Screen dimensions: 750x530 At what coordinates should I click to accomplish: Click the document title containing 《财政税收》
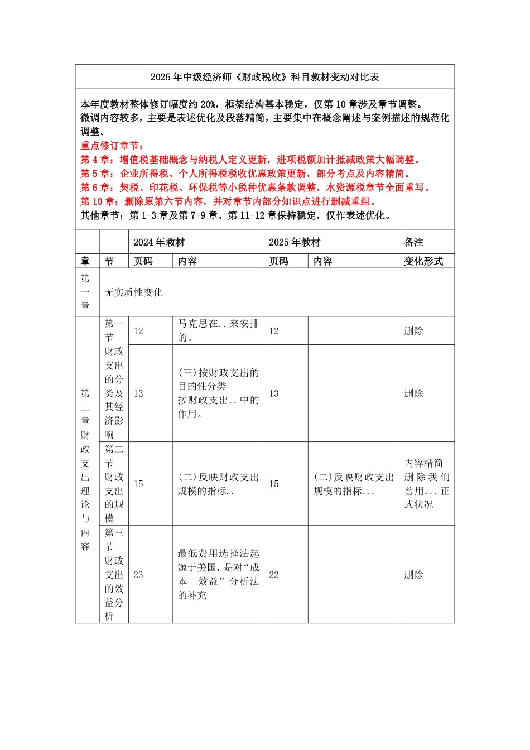click(264, 77)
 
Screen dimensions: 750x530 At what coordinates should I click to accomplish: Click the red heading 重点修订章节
click(112, 146)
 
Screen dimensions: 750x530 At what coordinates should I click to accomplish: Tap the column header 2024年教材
click(159, 242)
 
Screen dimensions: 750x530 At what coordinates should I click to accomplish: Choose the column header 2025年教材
click(295, 242)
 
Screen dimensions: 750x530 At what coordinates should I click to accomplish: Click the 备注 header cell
click(414, 242)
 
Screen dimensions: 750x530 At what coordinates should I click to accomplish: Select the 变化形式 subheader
click(423, 261)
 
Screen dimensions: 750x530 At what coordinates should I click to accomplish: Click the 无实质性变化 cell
click(134, 292)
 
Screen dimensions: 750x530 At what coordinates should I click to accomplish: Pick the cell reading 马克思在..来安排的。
click(218, 330)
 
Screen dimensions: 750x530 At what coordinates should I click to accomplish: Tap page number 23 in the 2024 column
click(138, 575)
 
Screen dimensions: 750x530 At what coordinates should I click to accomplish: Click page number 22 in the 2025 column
click(274, 575)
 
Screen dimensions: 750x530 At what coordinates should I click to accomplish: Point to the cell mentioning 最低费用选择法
click(218, 574)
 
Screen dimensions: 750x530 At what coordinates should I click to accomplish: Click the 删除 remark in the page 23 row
click(414, 575)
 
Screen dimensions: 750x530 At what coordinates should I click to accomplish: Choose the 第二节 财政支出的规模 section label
click(114, 484)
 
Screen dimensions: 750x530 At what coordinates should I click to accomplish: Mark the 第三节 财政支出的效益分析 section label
click(114, 574)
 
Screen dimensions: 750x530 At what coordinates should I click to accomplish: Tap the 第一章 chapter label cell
click(85, 292)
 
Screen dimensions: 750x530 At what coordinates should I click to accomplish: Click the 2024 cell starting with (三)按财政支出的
click(218, 393)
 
